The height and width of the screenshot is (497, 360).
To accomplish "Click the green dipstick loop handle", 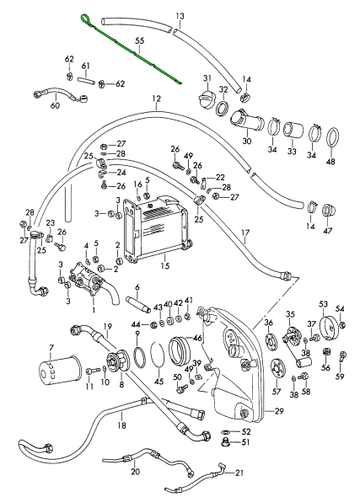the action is coord(86,19).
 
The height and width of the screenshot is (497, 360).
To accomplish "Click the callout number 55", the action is coord(140,41).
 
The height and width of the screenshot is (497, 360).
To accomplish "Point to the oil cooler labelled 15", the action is coord(158,229).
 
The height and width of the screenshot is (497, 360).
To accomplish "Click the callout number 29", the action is coord(279,411).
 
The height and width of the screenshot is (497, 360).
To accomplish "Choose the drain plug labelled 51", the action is coord(226,442).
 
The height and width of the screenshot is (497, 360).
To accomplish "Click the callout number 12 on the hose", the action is coord(156,99).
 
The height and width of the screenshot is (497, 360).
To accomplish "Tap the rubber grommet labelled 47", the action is coord(329,211).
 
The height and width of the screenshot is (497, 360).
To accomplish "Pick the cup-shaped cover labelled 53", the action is coord(330,328).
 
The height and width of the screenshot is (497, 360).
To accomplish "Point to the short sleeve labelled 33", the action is coord(292,131).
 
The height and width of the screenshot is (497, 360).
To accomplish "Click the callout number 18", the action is coord(121,425).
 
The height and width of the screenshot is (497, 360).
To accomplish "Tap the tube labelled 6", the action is coord(138,304).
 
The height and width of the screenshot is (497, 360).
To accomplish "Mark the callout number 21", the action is coord(239,473).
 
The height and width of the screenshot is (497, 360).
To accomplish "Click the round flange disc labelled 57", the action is coord(277,368).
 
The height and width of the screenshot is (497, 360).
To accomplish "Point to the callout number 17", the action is coord(245,233).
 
